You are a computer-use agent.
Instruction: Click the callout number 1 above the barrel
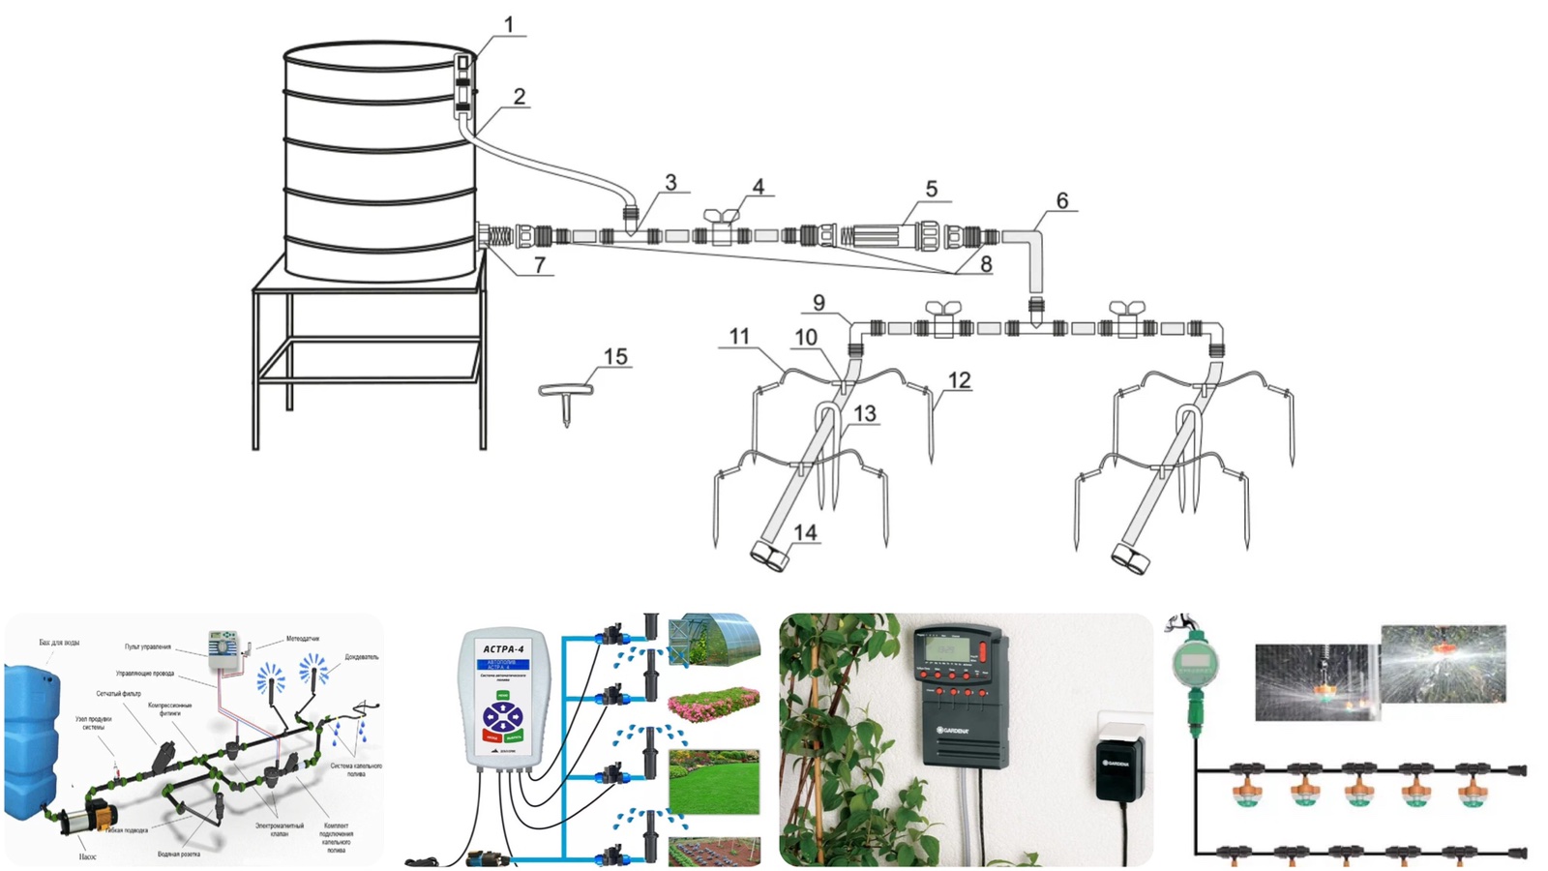click(509, 24)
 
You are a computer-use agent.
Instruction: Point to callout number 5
click(931, 189)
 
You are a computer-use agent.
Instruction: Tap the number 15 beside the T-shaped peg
click(615, 357)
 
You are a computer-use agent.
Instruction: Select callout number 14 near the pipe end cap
click(805, 532)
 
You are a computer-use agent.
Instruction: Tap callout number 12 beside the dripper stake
click(959, 380)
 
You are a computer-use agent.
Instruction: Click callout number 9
click(819, 303)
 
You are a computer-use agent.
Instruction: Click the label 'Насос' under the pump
click(87, 856)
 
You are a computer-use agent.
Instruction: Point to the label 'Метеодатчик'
click(303, 639)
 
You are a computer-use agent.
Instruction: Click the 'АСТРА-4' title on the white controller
click(503, 648)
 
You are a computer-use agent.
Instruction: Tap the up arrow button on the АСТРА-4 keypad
click(503, 708)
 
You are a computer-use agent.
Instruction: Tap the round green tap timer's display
click(1193, 664)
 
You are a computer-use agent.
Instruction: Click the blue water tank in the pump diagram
click(31, 726)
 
